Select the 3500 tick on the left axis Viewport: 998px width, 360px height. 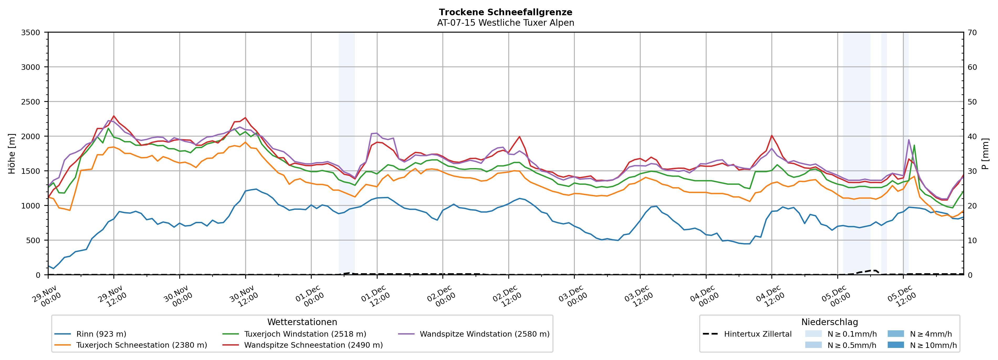pyautogui.click(x=31, y=33)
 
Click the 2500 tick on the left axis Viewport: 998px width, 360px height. pyautogui.click(x=31, y=102)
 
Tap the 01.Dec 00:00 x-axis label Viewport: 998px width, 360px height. pyautogui.click(x=310, y=296)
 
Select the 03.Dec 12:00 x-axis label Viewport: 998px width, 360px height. pyautogui.click(x=639, y=296)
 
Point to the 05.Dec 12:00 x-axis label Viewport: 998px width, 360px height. pyautogui.click(x=902, y=296)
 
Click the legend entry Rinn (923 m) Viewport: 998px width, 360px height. pyautogui.click(x=101, y=334)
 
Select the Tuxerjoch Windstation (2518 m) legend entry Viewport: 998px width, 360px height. pyautogui.click(x=305, y=334)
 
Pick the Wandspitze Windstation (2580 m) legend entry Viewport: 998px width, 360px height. pyautogui.click(x=484, y=334)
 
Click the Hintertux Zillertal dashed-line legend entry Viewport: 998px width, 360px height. pyautogui.click(x=757, y=334)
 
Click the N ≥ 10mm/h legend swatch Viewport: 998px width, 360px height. pyautogui.click(x=895, y=345)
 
